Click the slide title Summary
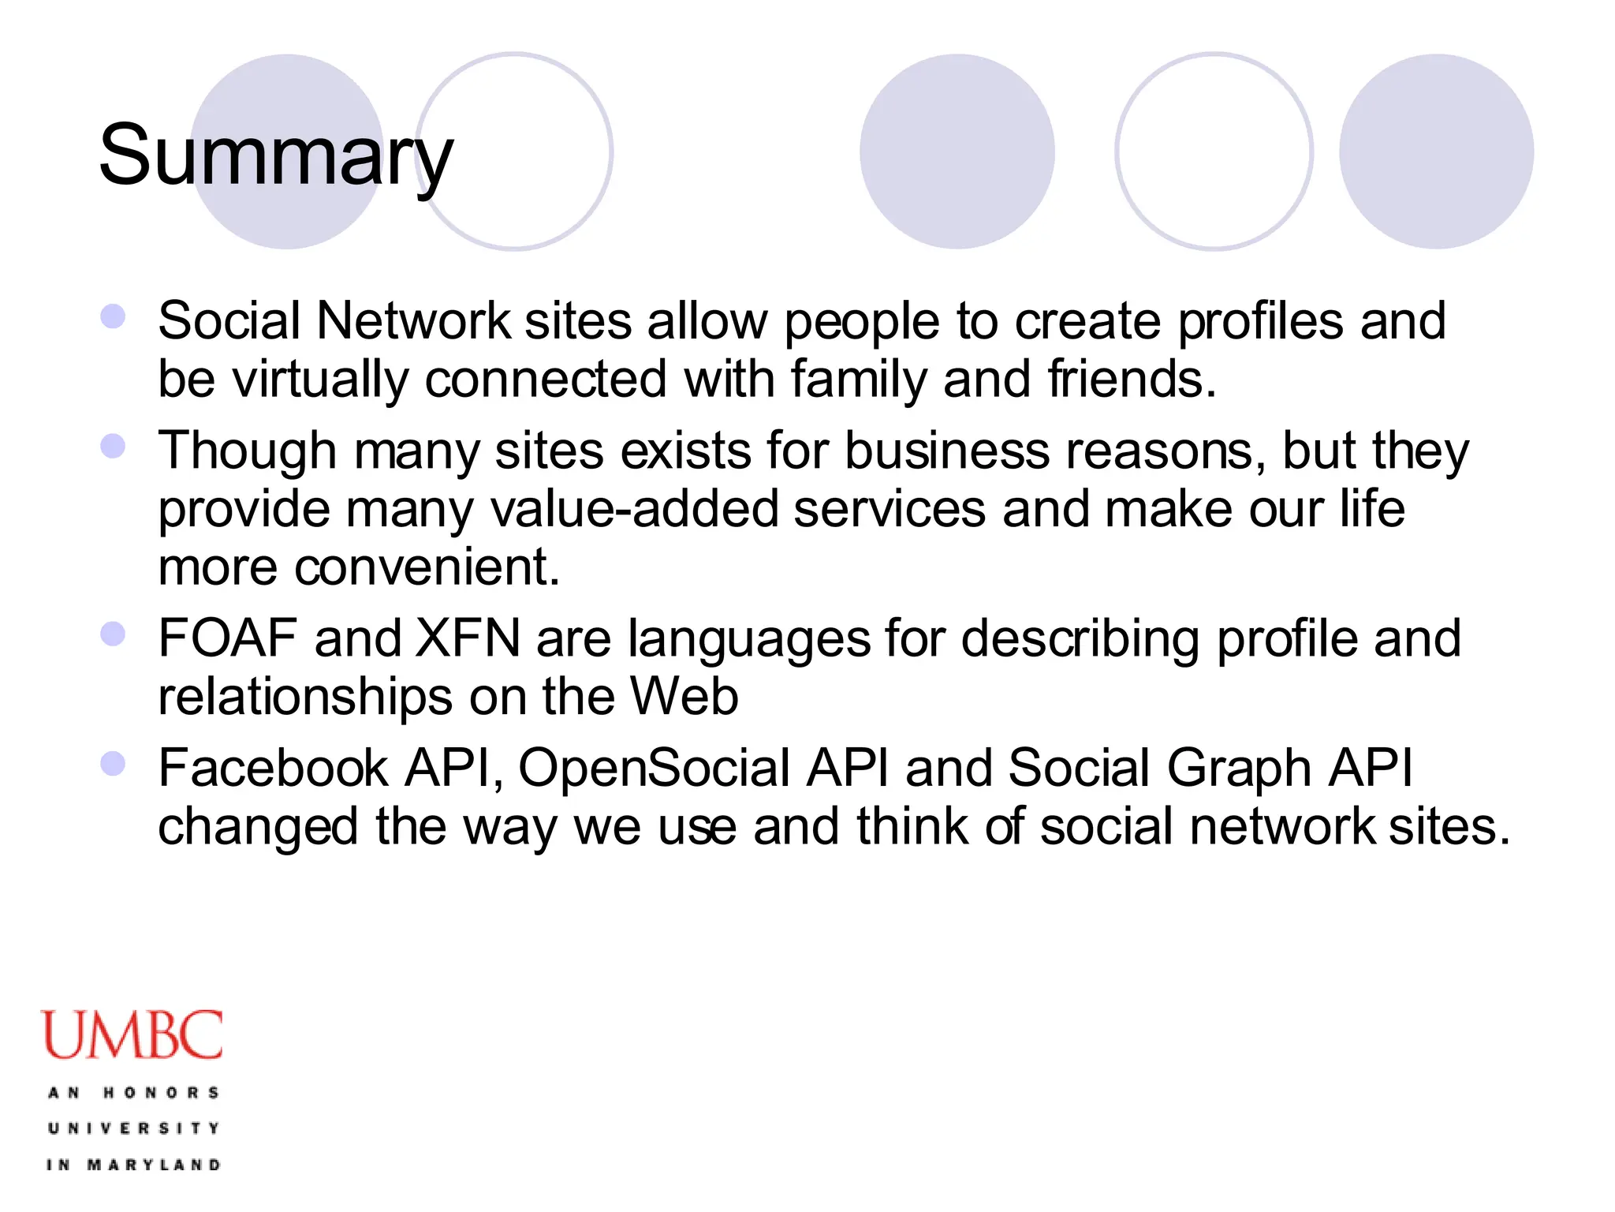tap(276, 155)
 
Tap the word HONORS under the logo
tap(161, 1093)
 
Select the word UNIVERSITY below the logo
tap(133, 1128)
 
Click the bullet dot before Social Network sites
tap(114, 316)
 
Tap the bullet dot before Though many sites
tap(114, 446)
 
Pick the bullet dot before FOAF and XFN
tap(114, 634)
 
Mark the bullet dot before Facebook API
tap(114, 763)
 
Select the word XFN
tap(467, 638)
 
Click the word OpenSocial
tap(654, 768)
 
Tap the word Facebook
tap(273, 768)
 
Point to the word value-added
tap(634, 509)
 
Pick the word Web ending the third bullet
tap(684, 697)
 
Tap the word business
tap(947, 451)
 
